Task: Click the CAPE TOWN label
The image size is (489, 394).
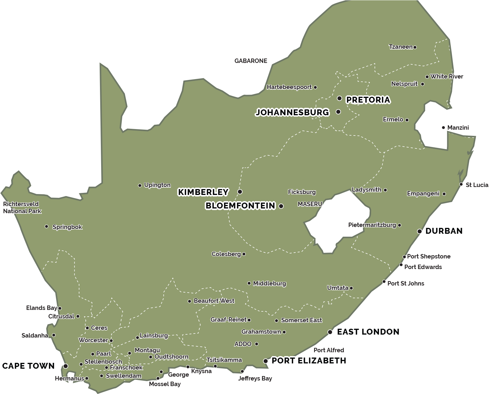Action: click(28, 366)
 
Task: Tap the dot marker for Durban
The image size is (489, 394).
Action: click(420, 231)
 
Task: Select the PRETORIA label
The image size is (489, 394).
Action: click(368, 100)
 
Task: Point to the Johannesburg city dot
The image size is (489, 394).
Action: click(338, 112)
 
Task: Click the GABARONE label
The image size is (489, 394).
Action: click(251, 61)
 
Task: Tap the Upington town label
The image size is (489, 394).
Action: click(157, 185)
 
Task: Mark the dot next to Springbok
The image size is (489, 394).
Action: click(46, 226)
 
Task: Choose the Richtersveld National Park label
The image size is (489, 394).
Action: click(22, 208)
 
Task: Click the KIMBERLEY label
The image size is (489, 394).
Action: click(203, 192)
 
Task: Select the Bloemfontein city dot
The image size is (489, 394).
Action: click(281, 206)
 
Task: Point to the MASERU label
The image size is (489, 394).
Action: click(310, 204)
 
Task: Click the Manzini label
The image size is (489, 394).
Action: click(458, 128)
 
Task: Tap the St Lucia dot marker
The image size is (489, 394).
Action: click(461, 184)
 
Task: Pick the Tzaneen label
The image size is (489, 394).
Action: click(400, 47)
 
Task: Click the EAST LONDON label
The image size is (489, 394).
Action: click(368, 332)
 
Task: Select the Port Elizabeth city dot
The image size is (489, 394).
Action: click(266, 361)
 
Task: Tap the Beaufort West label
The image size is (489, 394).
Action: click(214, 301)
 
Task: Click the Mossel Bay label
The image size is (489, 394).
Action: click(165, 384)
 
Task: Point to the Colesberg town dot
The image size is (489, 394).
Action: click(244, 254)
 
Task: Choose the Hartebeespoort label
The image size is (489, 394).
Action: click(289, 87)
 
